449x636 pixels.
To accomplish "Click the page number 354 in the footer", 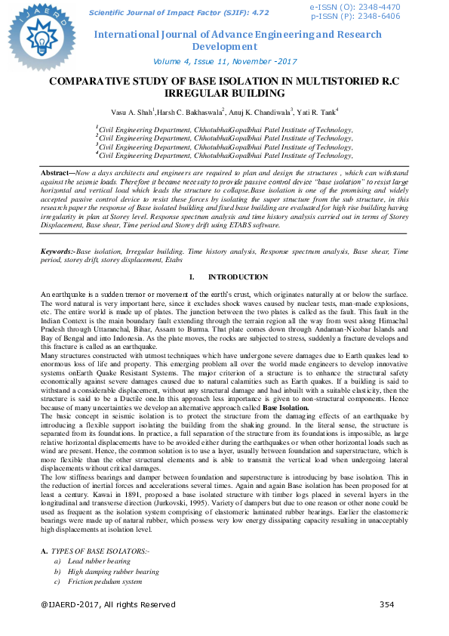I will pos(386,604).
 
